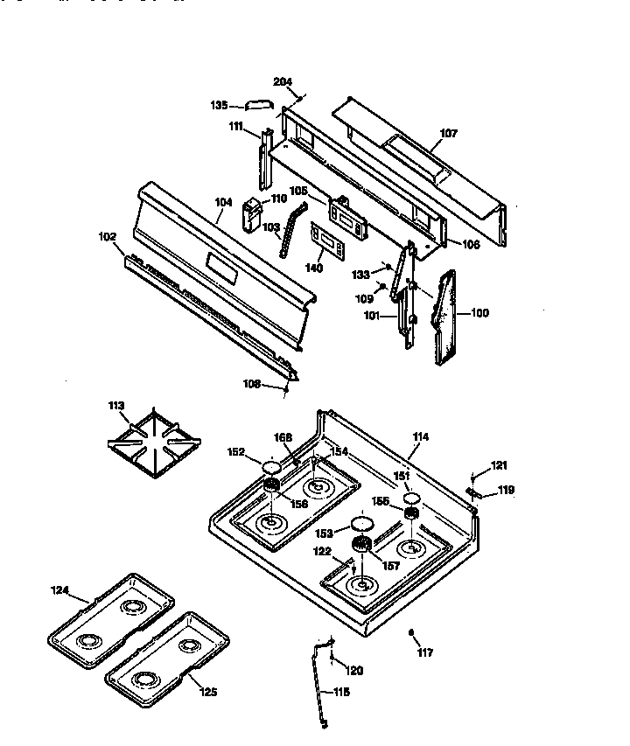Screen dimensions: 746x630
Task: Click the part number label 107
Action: click(x=448, y=134)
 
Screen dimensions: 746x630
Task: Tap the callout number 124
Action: click(x=59, y=590)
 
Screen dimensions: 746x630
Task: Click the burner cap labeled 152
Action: click(x=270, y=466)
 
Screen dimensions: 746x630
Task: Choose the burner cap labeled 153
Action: click(x=360, y=525)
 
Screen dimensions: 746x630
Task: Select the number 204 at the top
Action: click(x=283, y=82)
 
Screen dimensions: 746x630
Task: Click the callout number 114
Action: click(x=421, y=436)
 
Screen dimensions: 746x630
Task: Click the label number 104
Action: click(x=223, y=202)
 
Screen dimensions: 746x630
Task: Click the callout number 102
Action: click(x=107, y=235)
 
